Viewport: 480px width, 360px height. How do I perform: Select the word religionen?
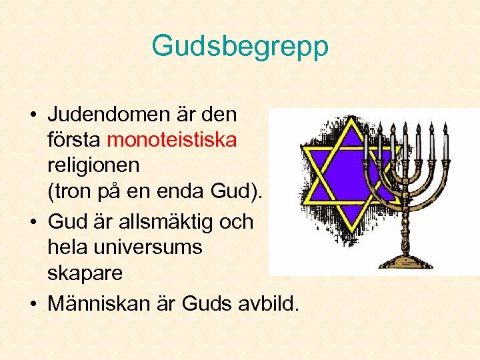pos(93,166)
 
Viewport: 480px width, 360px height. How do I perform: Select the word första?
pos(75,140)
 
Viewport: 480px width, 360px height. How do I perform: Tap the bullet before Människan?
pos(33,305)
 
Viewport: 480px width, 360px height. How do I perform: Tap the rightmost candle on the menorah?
pos(445,141)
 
